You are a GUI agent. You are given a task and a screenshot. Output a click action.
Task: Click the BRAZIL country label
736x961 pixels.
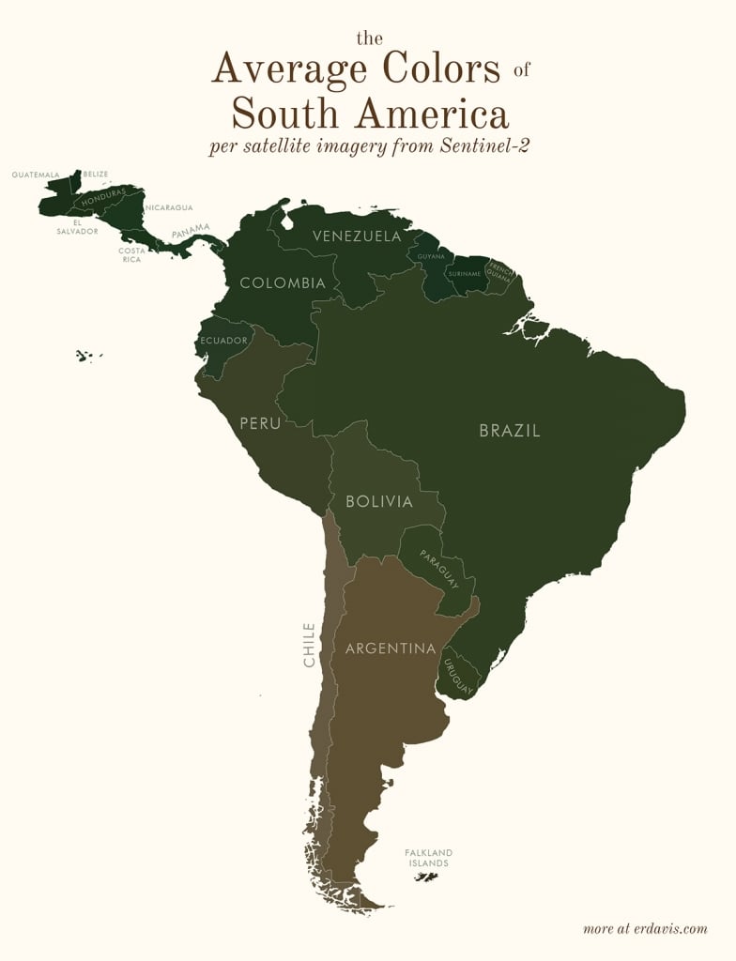coord(510,432)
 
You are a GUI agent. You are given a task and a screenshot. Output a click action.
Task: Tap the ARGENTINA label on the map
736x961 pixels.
coord(391,648)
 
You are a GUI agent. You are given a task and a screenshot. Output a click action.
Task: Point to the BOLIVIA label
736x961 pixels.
coord(379,502)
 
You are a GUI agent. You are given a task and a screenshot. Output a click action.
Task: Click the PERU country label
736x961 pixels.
coord(260,423)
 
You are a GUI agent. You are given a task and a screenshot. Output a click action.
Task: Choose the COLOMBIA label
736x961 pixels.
coord(283,282)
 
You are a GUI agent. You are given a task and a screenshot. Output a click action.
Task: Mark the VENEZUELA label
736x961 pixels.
coord(357,236)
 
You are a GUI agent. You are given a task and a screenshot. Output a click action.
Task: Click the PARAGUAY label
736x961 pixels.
coord(438,569)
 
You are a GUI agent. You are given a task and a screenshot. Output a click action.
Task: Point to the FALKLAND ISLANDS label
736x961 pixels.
coord(429,858)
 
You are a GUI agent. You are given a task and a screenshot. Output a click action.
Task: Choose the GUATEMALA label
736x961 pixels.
coord(36,175)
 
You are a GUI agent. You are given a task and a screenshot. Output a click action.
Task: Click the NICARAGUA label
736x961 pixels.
coord(169,207)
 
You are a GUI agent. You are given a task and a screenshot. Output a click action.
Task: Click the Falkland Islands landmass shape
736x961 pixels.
coord(427,877)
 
